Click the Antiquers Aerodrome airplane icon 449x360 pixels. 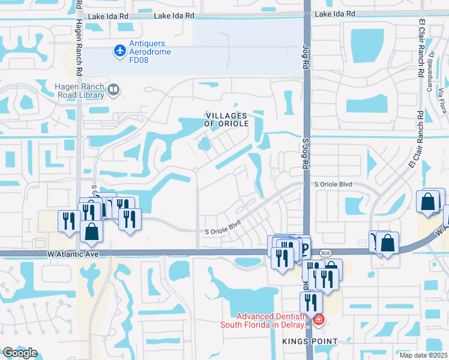tap(119, 51)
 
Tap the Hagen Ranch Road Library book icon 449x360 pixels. tap(113, 91)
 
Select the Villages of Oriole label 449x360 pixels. tap(226, 119)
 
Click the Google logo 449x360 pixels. tap(20, 353)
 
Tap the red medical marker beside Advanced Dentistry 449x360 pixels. tap(318, 320)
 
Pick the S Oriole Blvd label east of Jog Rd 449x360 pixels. tap(333, 184)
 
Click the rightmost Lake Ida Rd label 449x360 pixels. tap(335, 14)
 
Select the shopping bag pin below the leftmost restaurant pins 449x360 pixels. tap(92, 232)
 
